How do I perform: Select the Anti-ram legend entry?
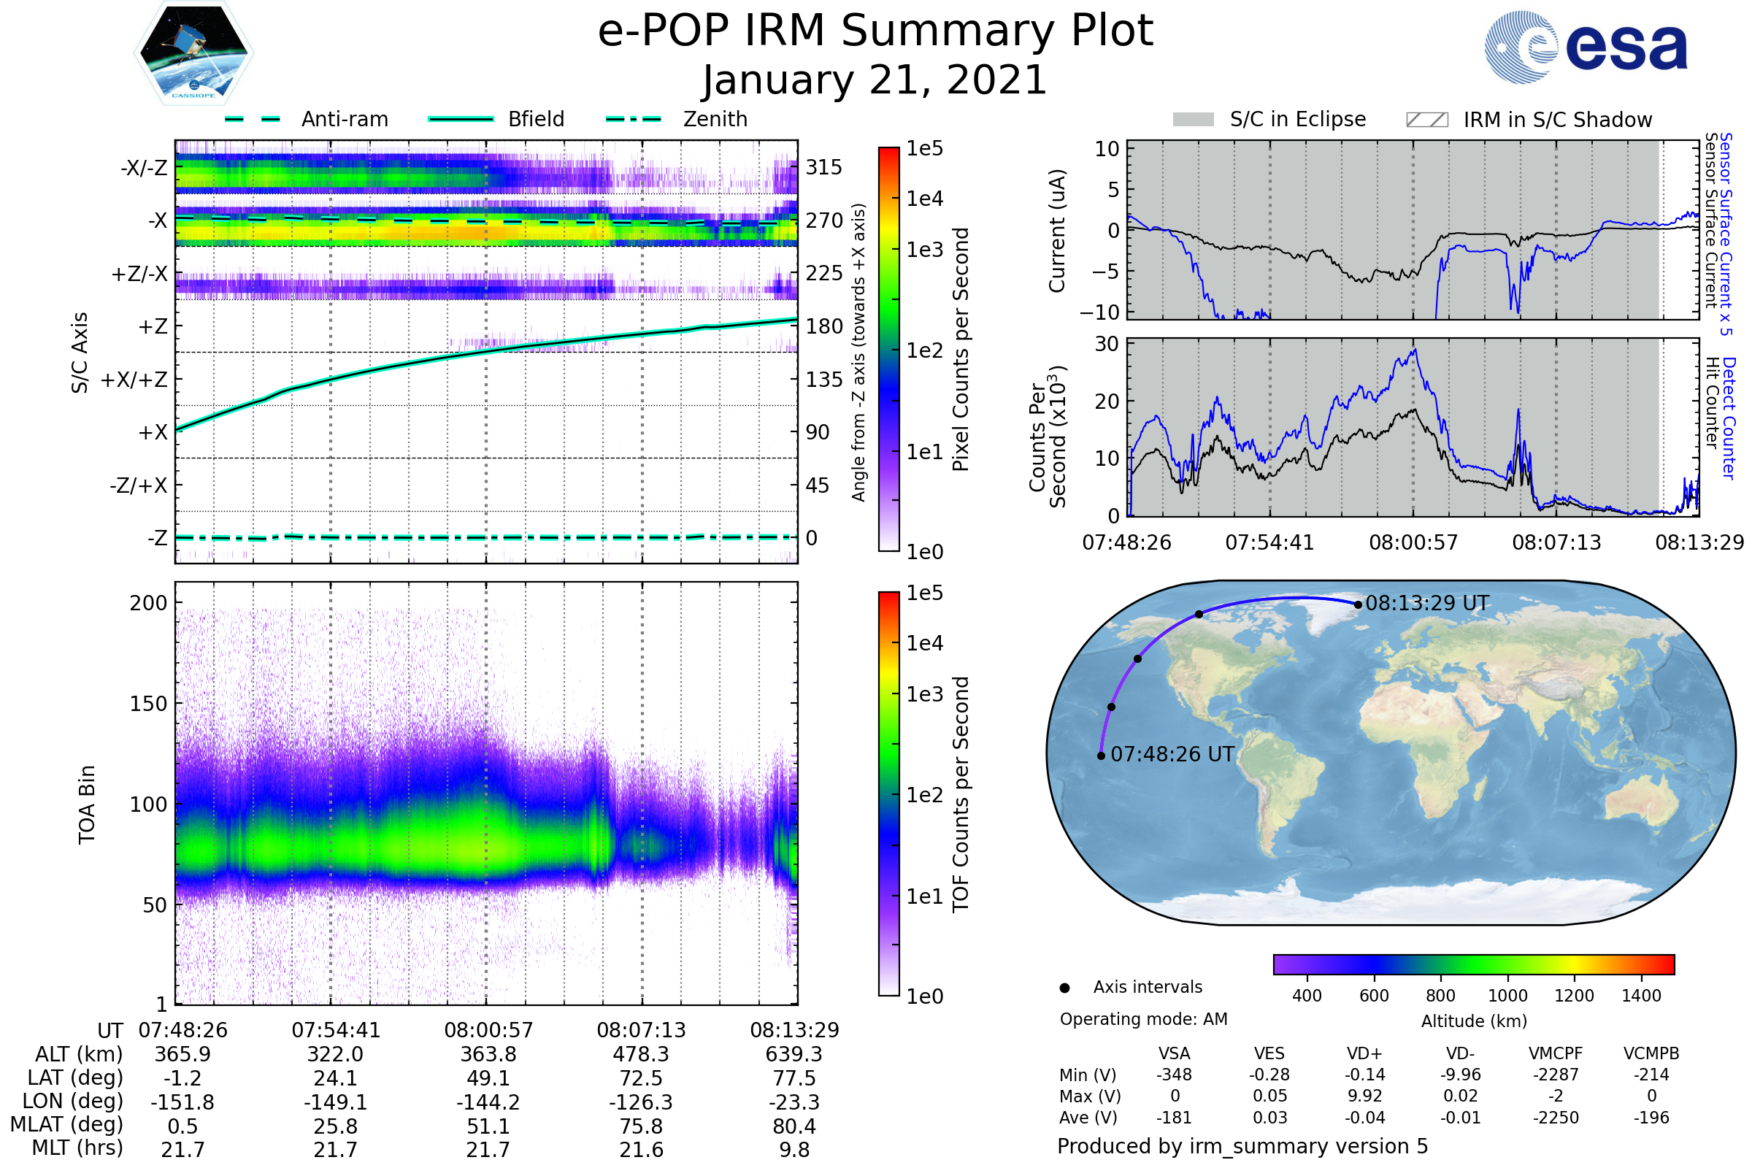[344, 119]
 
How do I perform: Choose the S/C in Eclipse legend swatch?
[1193, 120]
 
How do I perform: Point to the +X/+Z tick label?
[134, 380]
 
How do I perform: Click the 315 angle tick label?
[824, 167]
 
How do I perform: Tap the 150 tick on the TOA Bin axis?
[148, 704]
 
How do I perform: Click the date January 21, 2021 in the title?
[875, 80]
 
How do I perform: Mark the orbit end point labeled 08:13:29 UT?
[1358, 605]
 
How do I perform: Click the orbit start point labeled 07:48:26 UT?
[1101, 756]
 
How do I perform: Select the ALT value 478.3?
[641, 1055]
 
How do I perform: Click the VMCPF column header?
[1556, 1054]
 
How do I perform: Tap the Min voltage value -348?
[1174, 1075]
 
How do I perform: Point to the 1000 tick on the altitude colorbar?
[1507, 996]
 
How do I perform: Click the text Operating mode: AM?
[1143, 1019]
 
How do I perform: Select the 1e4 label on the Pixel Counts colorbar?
[924, 199]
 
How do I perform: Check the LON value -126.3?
[641, 1102]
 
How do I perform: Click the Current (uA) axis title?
[1057, 231]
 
